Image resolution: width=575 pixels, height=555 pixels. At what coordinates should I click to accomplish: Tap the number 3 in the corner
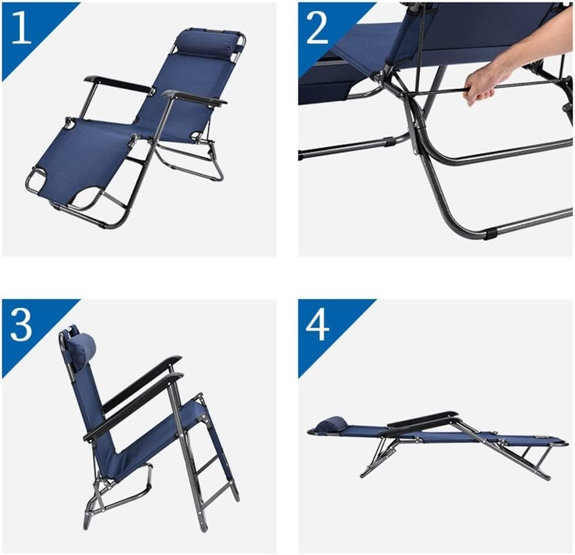21,326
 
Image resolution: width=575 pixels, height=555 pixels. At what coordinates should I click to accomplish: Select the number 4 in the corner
318,326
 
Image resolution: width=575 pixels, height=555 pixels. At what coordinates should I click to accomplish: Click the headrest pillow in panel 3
81,349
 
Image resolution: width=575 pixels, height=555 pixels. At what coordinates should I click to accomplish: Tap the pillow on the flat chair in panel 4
332,423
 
